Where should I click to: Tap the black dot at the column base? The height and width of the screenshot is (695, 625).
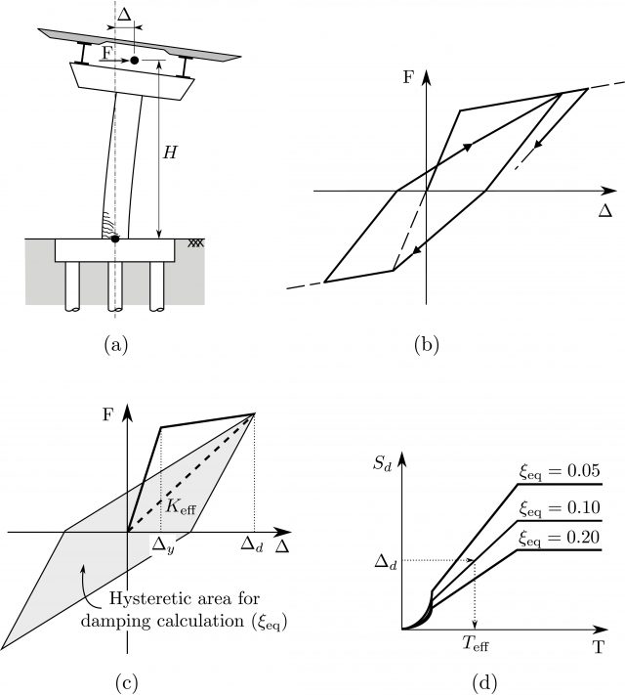(x=115, y=238)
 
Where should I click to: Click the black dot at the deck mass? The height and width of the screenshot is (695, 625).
(x=135, y=61)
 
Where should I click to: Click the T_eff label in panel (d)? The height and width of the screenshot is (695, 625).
(x=479, y=642)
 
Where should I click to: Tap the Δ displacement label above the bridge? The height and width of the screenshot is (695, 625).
(x=124, y=17)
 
